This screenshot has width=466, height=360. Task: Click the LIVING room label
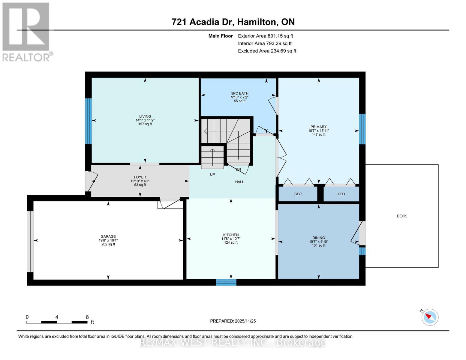[145, 116]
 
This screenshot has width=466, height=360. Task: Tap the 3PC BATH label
[239, 93]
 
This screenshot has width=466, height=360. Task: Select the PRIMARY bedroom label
[318, 127]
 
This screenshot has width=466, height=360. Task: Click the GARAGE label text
[108, 236]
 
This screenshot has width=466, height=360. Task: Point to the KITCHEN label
[231, 235]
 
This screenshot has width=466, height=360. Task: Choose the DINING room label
[318, 238]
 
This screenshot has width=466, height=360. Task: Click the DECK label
[401, 216]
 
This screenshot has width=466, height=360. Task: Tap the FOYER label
[140, 177]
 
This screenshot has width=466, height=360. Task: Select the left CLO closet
[298, 194]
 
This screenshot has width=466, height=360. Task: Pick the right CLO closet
[341, 194]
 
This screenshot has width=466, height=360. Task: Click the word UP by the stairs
[212, 175]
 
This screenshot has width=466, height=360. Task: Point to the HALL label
[239, 182]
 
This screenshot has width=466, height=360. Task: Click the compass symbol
[430, 317]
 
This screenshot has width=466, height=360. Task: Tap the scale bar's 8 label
[87, 317]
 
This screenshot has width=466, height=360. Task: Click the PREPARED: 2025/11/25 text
[233, 321]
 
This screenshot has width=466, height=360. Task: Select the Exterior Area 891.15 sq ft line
[265, 36]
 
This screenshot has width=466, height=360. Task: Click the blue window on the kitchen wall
[226, 282]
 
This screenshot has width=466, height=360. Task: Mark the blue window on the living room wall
[88, 121]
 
